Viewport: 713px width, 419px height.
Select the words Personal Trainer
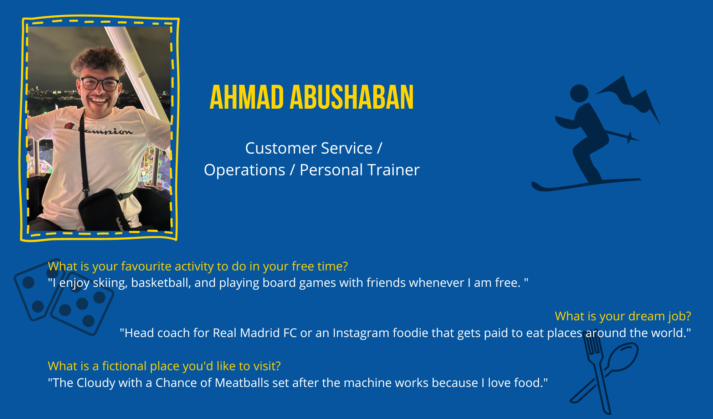pos(359,170)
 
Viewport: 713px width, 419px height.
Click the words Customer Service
pos(309,148)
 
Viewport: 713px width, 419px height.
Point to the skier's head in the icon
pos(579,93)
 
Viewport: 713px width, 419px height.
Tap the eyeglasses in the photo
pos(100,84)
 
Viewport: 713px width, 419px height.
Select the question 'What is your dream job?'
pos(623,316)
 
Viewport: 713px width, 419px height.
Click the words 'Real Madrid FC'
pos(255,333)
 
